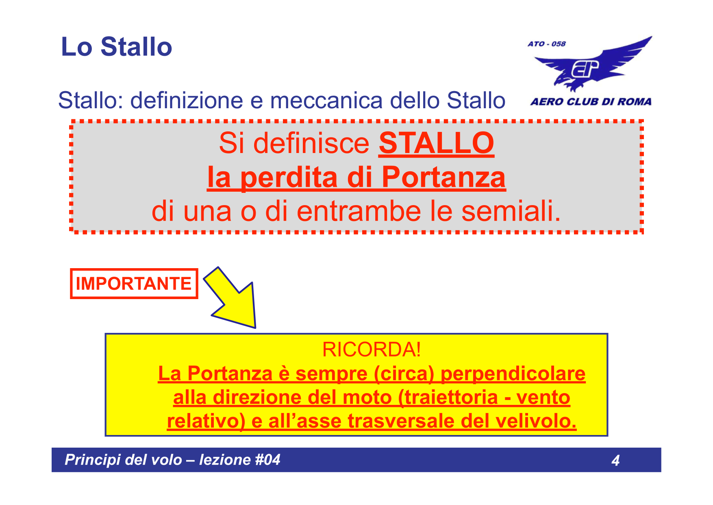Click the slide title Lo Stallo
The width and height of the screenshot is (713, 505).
pos(116,47)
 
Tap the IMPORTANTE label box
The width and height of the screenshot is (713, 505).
pos(134,284)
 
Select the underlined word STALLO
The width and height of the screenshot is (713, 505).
pos(436,143)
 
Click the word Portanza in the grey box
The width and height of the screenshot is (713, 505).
pos(443,177)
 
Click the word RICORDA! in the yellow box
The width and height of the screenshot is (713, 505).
pos(372,350)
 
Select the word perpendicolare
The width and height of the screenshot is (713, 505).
pos(513,374)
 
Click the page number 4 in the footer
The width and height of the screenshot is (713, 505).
pos(615,460)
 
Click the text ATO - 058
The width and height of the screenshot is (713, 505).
pos(546,44)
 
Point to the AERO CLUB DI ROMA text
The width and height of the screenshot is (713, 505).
pos(591,102)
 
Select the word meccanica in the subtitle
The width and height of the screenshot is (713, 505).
pos(326,101)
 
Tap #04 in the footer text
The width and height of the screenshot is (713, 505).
pos(267,460)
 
